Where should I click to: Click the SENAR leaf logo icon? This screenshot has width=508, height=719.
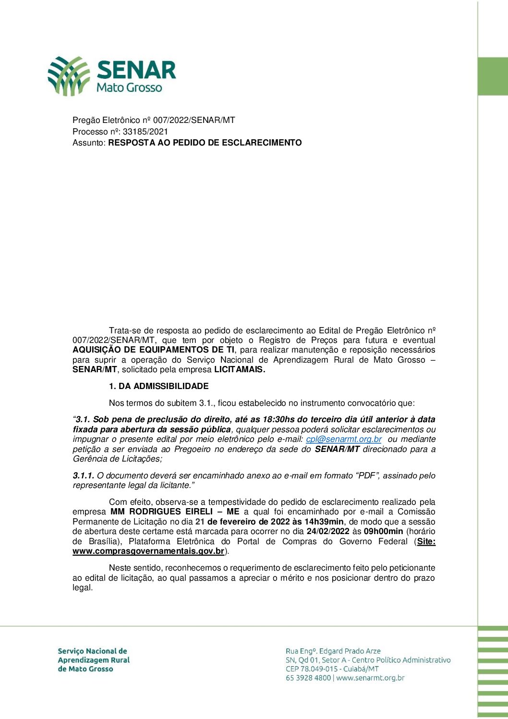pyautogui.click(x=69, y=75)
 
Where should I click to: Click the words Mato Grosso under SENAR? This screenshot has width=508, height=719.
pyautogui.click(x=129, y=87)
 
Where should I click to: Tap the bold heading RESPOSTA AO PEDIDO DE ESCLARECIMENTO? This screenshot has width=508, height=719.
pyautogui.click(x=205, y=143)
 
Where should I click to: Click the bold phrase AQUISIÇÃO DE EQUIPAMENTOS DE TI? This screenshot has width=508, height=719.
pyautogui.click(x=154, y=350)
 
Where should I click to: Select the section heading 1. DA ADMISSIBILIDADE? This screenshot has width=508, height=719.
pyautogui.click(x=158, y=386)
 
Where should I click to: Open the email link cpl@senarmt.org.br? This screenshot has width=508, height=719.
pyautogui.click(x=344, y=439)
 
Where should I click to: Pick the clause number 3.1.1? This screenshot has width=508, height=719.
pyautogui.click(x=84, y=475)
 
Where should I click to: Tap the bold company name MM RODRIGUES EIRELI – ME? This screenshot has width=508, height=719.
pyautogui.click(x=175, y=512)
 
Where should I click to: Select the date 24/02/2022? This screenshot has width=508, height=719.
pyautogui.click(x=327, y=531)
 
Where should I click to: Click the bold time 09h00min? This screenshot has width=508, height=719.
pyautogui.click(x=383, y=531)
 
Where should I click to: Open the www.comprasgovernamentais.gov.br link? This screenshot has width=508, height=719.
pyautogui.click(x=148, y=551)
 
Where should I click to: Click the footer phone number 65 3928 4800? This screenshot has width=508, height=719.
pyautogui.click(x=308, y=678)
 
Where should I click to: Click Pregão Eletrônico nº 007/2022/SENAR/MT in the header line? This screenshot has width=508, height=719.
pyautogui.click(x=154, y=120)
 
